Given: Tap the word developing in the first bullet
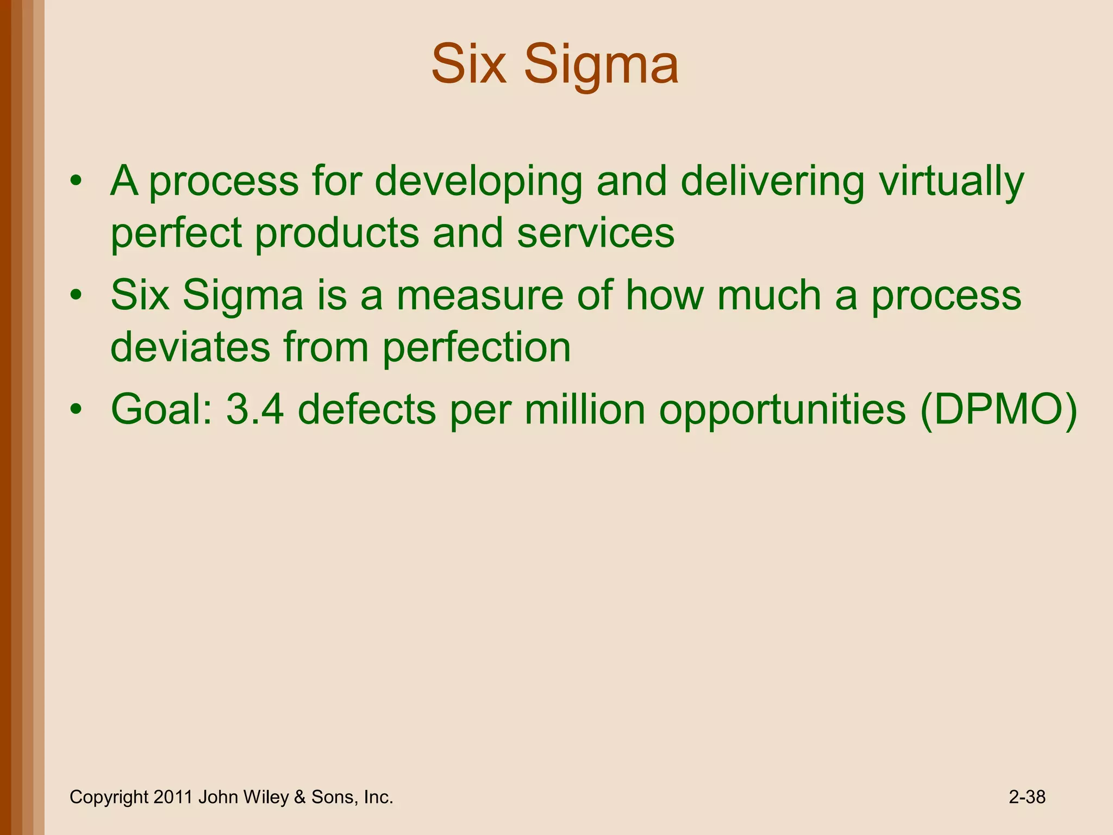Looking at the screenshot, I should click(478, 182).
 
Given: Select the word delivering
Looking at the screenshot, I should click(772, 182).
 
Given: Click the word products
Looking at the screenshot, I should click(336, 234).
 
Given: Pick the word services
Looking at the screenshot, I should click(596, 234).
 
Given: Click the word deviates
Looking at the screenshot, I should click(190, 347).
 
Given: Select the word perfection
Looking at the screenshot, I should click(477, 347).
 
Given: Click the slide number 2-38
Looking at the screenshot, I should click(1027, 797).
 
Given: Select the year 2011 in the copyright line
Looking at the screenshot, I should click(173, 797).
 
